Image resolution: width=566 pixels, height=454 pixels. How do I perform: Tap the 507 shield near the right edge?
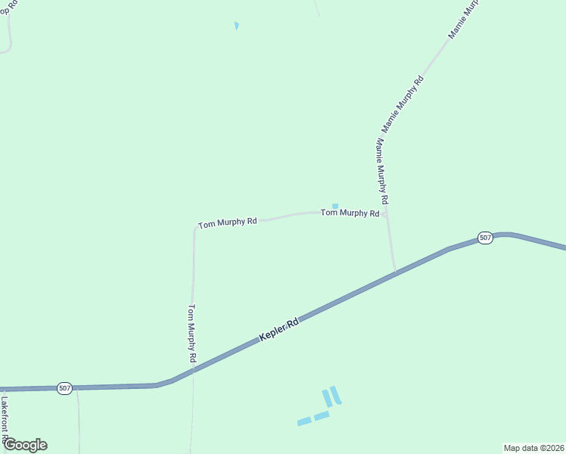click(x=486, y=238)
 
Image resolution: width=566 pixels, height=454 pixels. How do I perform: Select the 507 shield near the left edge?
click(x=64, y=388)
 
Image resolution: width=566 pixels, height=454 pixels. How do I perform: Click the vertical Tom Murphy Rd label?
click(x=192, y=332)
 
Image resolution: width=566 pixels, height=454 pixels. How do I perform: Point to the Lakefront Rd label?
click(x=5, y=420)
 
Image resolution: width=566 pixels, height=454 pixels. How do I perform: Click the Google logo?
click(x=25, y=445)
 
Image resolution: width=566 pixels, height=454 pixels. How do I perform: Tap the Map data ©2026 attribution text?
click(x=534, y=447)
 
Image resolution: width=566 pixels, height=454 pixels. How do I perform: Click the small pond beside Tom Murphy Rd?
click(x=335, y=206)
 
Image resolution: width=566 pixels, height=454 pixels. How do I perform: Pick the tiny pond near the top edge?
click(x=237, y=26)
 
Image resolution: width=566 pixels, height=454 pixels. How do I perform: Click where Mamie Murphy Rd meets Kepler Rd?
click(x=395, y=272)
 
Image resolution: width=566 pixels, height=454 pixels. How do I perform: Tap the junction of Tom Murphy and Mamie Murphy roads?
click(x=385, y=214)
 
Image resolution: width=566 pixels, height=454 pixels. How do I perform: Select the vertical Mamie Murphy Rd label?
click(x=381, y=171)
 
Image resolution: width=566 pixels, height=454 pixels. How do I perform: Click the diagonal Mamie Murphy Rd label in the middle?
click(x=402, y=104)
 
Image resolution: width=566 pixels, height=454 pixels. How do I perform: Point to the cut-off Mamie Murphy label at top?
click(x=463, y=20)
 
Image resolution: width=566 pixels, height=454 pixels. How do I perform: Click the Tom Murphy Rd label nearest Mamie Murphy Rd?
click(x=350, y=213)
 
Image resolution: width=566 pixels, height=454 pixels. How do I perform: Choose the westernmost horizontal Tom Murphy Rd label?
click(x=227, y=223)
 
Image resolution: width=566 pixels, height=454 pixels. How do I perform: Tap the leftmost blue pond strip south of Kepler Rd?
click(x=304, y=421)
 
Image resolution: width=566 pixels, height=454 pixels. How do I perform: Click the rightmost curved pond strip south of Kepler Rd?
click(x=336, y=395)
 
